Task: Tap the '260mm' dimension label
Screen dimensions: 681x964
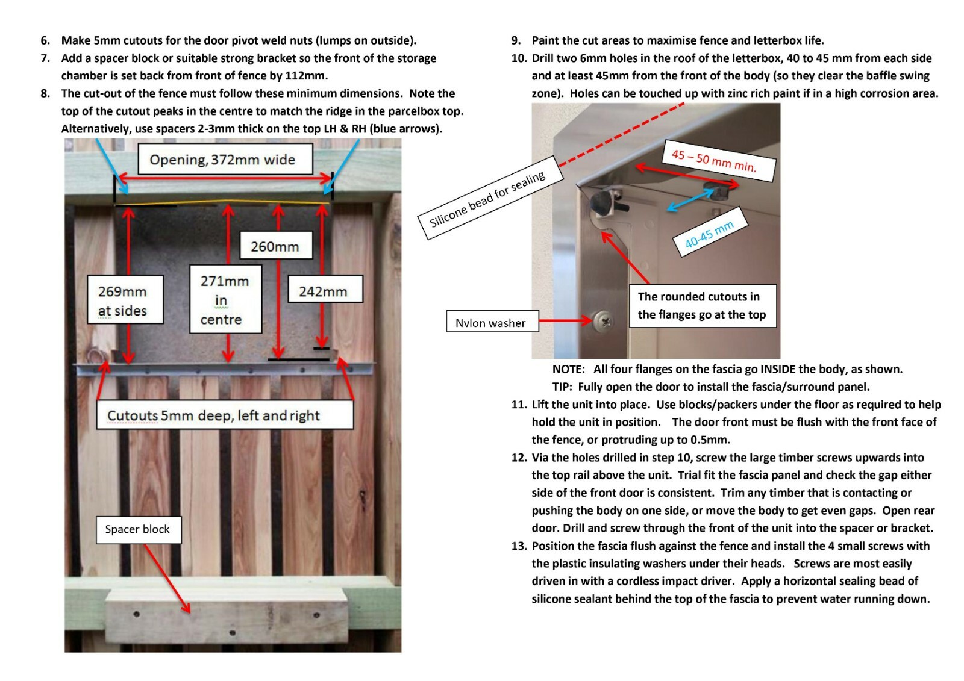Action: coord(275,246)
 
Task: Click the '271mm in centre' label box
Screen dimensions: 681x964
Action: coord(225,299)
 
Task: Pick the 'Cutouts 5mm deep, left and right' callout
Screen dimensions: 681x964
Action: coord(225,415)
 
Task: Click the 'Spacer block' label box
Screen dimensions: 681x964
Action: coord(138,529)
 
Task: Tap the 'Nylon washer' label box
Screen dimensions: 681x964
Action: coord(491,323)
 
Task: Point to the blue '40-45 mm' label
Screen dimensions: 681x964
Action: coord(710,234)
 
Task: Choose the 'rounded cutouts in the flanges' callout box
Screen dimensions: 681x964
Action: coord(703,306)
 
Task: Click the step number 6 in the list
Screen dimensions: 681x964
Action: coord(45,40)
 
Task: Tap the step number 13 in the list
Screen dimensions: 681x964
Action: coord(519,546)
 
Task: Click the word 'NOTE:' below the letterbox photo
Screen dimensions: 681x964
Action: coord(568,369)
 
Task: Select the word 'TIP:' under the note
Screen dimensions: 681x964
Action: coord(563,387)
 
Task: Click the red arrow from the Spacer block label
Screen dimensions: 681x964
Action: coord(167,578)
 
